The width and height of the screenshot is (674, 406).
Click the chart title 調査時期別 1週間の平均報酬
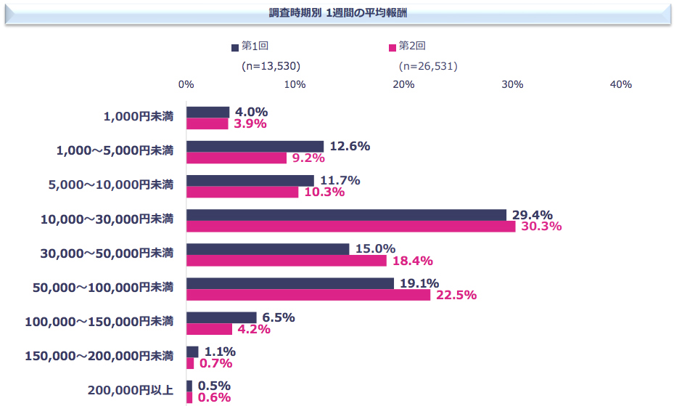coord(337,14)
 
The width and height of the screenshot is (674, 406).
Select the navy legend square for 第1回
coord(234,47)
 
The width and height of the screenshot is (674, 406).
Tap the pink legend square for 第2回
coord(393,47)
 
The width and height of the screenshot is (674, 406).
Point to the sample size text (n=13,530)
coord(271,66)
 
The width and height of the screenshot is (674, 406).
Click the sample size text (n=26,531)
coord(428,66)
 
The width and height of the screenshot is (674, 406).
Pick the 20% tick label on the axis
coord(403,85)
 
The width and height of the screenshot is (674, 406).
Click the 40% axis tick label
coord(621,85)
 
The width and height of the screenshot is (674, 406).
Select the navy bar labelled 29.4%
coord(346,215)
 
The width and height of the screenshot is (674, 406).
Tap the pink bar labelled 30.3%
coord(350,227)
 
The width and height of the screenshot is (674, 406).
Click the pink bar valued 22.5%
coord(308,295)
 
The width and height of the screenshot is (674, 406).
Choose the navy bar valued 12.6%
coord(255,147)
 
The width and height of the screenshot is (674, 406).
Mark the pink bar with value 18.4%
coord(287,261)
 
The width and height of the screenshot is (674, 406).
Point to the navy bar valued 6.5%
coord(221,317)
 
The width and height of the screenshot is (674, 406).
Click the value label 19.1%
coord(419,283)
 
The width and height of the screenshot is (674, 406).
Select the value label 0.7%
coord(216,363)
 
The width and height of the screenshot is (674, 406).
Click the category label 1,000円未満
coord(139,116)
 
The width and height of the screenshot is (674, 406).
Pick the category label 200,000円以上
coord(131,390)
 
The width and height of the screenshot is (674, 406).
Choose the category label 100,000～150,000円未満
coord(99,322)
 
